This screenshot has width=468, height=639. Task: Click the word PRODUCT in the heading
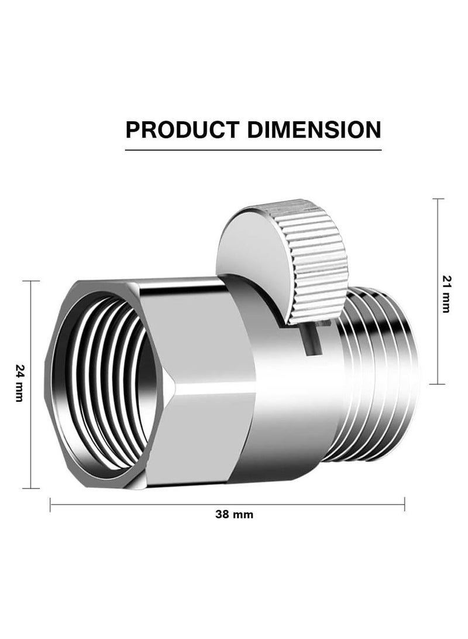coord(182,129)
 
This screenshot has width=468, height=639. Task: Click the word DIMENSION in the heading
coord(314,129)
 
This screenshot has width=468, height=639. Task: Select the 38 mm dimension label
coord(234,514)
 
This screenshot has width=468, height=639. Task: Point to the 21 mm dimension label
coord(446,293)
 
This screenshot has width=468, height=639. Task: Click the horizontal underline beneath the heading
coord(253,150)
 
